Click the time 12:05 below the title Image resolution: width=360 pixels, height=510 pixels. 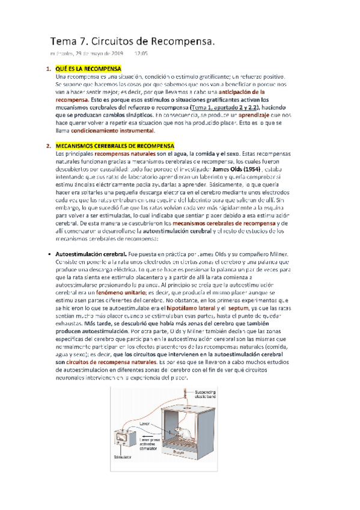pyautogui.click(x=141, y=54)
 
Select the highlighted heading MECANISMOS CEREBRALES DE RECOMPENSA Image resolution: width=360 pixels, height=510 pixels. pyautogui.click(x=114, y=146)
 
